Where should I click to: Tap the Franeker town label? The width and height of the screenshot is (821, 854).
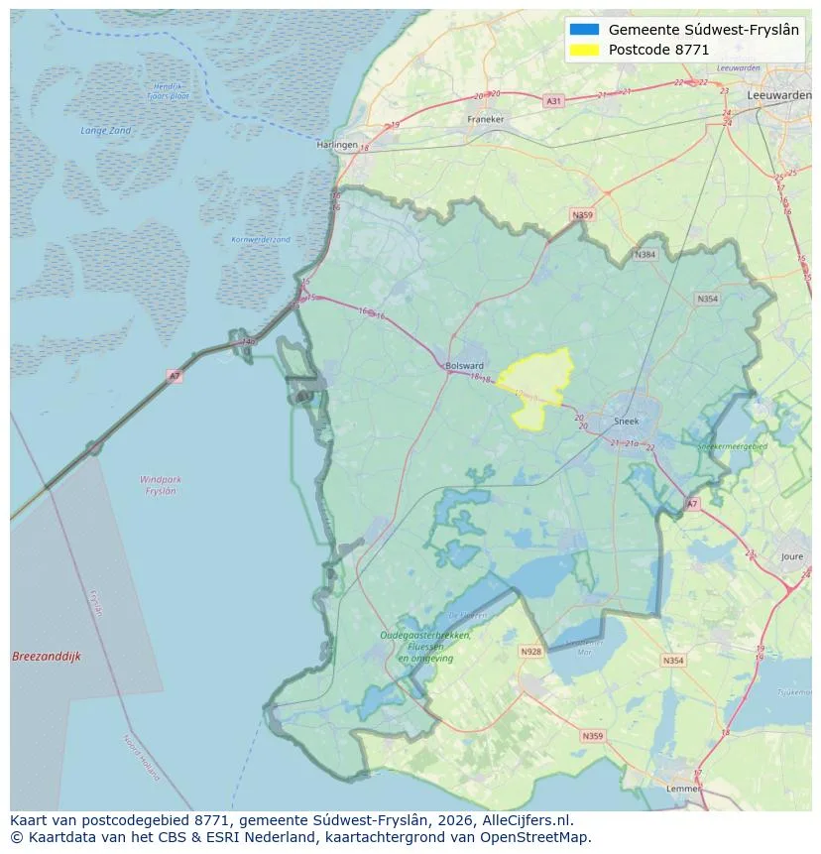[x=485, y=119]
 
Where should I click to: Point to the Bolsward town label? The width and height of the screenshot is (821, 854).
[x=465, y=365]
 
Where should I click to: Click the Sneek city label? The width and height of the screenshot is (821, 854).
[x=627, y=421]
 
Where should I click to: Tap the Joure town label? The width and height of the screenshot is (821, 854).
[x=791, y=557]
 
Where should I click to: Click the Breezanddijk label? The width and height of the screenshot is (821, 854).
[x=47, y=657]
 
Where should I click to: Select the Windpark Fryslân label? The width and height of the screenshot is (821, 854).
[x=159, y=485]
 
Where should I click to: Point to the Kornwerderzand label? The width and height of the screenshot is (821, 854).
[x=261, y=239]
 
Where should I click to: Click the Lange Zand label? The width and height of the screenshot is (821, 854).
[x=105, y=131]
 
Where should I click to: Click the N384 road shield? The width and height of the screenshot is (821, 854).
[x=645, y=255]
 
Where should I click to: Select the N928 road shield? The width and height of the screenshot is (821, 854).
[x=530, y=652]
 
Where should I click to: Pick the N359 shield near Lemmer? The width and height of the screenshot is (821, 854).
[x=592, y=736]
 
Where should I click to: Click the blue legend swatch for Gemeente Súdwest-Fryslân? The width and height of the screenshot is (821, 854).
[x=585, y=30]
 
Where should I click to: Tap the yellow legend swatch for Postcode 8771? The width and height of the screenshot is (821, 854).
[x=585, y=50]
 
